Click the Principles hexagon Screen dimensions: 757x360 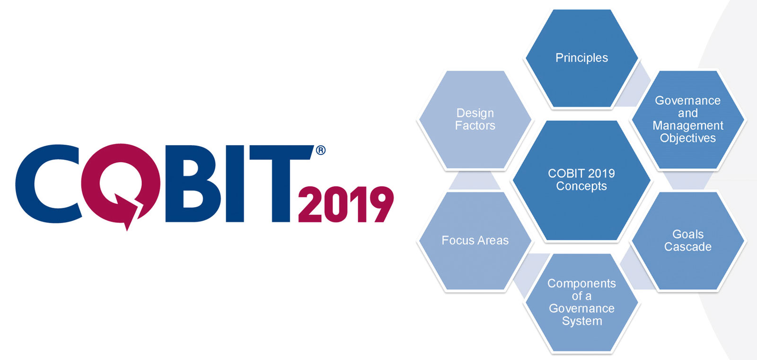[x=581, y=58]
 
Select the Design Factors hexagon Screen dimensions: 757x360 [x=475, y=119]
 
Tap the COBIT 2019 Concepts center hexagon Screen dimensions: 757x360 [x=581, y=180]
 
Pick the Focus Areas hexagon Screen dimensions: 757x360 [x=475, y=241]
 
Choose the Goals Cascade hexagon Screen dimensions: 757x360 [x=688, y=241]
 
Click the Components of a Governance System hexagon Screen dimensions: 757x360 [x=581, y=302]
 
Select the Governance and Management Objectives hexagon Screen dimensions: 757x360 [x=688, y=119]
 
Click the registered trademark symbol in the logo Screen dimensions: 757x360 [x=321, y=150]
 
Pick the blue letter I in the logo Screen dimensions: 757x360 [x=235, y=184]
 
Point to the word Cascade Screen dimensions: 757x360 [x=688, y=247]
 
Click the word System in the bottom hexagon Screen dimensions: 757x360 [x=582, y=321]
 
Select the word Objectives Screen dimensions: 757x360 [x=688, y=138]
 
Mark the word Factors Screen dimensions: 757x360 [x=475, y=126]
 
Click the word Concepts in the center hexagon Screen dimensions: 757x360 [x=581, y=186]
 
